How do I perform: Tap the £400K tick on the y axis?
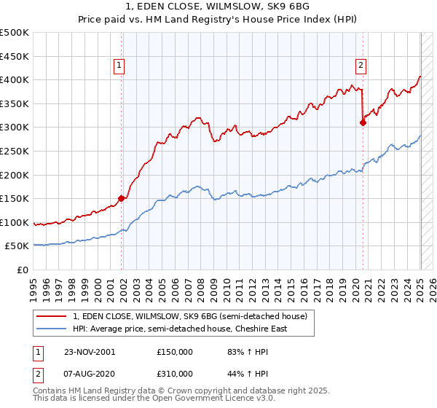pyautogui.click(x=15, y=80)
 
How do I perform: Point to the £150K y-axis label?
pyautogui.click(x=15, y=198)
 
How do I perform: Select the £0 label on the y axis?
pyautogui.click(x=22, y=270)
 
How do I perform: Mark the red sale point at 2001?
pyautogui.click(x=121, y=197)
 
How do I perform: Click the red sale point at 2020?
pyautogui.click(x=362, y=122)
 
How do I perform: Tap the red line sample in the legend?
pyautogui.click(x=52, y=316)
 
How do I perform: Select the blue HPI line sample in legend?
pyautogui.click(x=52, y=329)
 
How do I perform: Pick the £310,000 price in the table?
pyautogui.click(x=175, y=374)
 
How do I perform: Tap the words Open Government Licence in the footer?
pyautogui.click(x=222, y=399)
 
